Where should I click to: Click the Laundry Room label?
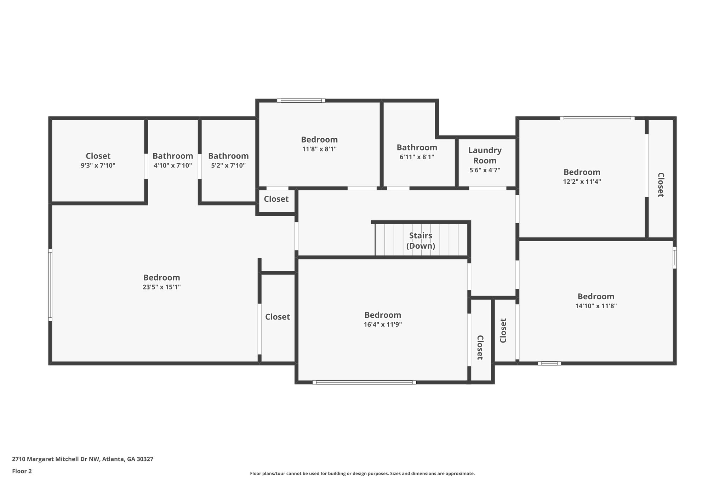(485, 155)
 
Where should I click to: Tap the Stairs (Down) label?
(421, 241)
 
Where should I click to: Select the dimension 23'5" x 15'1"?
(161, 287)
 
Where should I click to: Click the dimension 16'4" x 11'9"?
(383, 324)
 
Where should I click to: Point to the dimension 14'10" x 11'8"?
(596, 306)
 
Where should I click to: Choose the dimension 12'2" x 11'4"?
(582, 182)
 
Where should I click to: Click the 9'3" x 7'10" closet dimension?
(98, 165)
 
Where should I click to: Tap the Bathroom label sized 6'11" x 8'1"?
(417, 147)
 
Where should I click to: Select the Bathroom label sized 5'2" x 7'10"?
(228, 156)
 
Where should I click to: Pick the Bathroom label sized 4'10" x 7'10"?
(173, 156)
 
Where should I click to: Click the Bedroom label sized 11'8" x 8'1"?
(319, 139)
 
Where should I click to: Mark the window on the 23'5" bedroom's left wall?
(50, 285)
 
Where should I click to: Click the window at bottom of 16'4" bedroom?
(364, 382)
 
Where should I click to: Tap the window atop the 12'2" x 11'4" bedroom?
(597, 118)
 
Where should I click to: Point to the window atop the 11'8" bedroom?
(301, 100)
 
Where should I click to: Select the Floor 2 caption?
(22, 471)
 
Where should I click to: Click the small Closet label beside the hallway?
(276, 199)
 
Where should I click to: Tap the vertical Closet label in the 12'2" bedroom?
(660, 185)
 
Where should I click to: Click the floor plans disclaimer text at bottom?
(362, 473)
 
